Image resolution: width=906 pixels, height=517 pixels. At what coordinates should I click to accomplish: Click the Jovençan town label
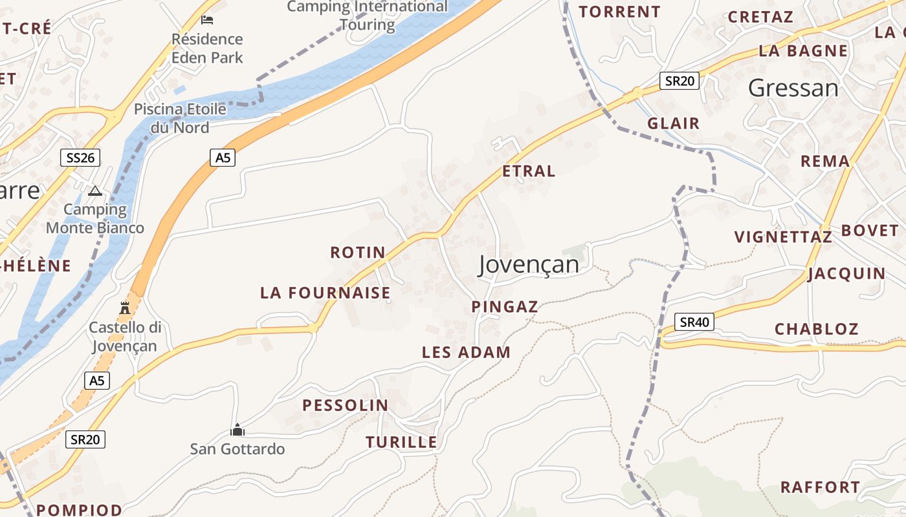tap(529, 264)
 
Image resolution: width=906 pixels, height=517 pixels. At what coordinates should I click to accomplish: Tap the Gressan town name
tap(793, 88)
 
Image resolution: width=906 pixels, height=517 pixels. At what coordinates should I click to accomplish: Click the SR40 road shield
tap(694, 322)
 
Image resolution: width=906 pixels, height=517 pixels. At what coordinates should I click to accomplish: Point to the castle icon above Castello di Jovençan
tap(125, 308)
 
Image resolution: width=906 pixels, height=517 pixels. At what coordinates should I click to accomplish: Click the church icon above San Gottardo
tap(238, 430)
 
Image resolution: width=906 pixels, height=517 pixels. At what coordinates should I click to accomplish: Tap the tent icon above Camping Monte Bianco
tap(95, 191)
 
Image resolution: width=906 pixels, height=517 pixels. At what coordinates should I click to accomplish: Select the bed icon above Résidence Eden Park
tap(207, 20)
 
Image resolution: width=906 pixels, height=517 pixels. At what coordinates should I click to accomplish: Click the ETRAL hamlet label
tap(529, 171)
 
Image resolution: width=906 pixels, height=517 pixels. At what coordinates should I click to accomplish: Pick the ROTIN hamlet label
tap(358, 252)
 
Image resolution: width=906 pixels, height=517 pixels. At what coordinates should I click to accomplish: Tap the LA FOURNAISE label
tap(326, 293)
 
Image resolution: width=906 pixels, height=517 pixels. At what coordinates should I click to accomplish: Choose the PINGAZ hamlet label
tap(505, 307)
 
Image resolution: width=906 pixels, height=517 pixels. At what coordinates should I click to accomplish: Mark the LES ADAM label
tap(466, 352)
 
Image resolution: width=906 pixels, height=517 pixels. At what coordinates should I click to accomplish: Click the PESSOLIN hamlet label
tap(346, 405)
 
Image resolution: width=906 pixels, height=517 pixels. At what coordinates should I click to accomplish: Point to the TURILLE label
tap(401, 442)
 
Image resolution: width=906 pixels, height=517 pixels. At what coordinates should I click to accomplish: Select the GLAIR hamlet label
tap(674, 123)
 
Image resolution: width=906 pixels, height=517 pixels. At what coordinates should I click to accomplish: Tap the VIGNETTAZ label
tap(783, 237)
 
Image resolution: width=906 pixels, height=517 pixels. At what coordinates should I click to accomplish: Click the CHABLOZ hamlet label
tap(816, 329)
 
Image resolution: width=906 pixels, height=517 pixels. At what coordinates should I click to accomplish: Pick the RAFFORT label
tap(820, 487)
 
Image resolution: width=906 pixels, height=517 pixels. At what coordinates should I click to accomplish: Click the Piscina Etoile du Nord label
tap(180, 118)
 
